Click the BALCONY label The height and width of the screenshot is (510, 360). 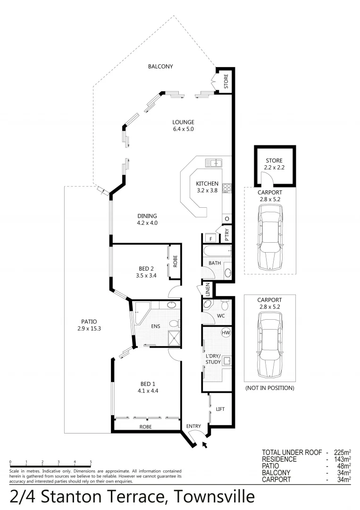click(160, 67)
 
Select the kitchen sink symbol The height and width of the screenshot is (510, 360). click(214, 163)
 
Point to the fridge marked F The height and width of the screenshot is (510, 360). click(209, 238)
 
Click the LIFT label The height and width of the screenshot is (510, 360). click(220, 409)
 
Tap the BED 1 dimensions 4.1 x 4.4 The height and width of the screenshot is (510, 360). click(147, 391)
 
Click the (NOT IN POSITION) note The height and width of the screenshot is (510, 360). click(269, 388)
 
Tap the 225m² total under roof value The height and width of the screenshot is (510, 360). click(342, 452)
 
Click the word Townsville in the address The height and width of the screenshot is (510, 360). click(215, 496)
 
